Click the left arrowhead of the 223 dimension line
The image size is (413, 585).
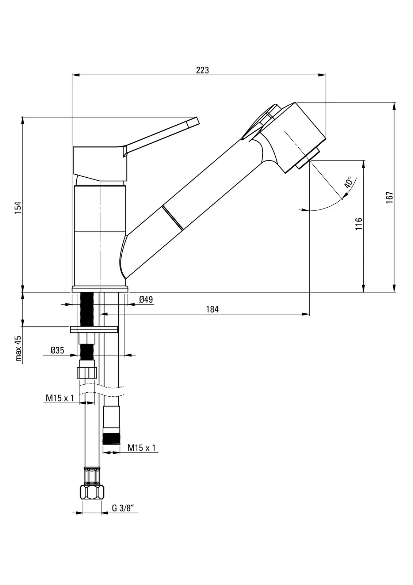(75, 75)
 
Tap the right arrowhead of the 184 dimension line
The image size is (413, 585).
(306, 314)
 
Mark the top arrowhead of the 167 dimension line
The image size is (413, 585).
(394, 106)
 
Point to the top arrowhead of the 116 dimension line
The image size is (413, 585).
(363, 164)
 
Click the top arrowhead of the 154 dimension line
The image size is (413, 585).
(23, 121)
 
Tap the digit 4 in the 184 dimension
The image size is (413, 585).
(216, 309)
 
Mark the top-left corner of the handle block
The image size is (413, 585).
(73, 147)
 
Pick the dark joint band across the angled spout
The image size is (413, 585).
(172, 218)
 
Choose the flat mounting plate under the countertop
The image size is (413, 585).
(94, 329)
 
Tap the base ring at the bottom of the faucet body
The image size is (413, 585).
(100, 289)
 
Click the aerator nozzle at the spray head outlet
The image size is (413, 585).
(308, 159)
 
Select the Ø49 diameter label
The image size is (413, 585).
(146, 299)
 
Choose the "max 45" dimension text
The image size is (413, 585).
(19, 349)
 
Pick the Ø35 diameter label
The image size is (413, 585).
(57, 350)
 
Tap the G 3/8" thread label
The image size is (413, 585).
(123, 508)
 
